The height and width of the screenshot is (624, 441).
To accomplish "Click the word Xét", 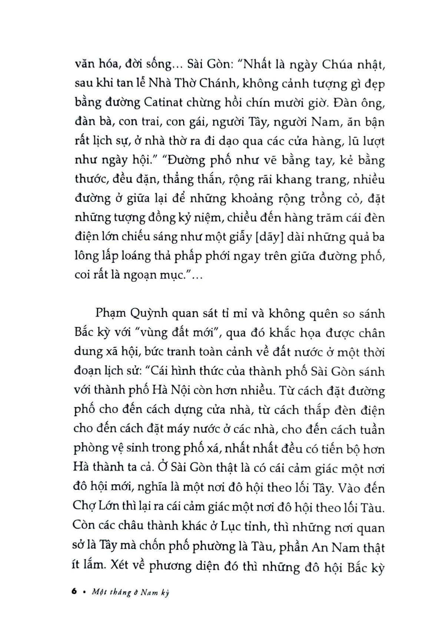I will click(x=110, y=566).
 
